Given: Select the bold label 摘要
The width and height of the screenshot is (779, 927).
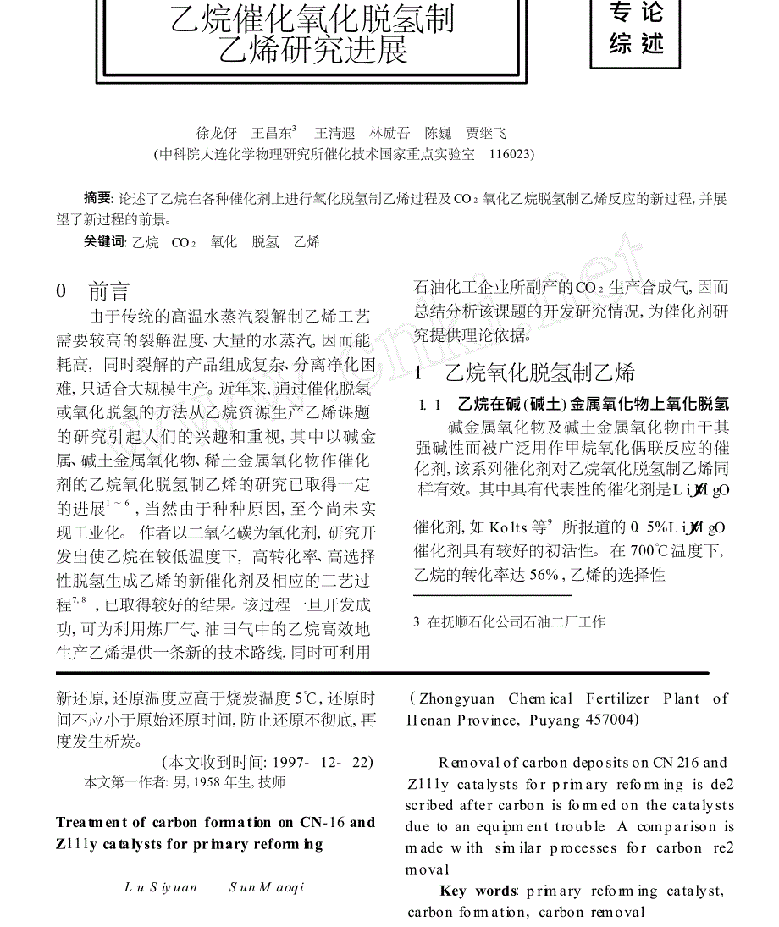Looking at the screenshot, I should (97, 199).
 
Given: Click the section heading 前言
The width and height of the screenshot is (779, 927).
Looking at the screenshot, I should (109, 292).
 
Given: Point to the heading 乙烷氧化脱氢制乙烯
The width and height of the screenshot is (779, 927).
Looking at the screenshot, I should (539, 372).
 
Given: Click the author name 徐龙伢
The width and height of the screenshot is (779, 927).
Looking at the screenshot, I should (217, 133).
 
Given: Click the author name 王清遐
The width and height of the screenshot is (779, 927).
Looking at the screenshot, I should (334, 133).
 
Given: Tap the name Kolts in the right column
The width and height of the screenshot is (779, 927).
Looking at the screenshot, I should (509, 527).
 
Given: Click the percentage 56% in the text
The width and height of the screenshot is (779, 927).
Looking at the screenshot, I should (543, 575).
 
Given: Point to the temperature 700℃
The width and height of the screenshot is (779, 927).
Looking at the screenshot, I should (651, 551).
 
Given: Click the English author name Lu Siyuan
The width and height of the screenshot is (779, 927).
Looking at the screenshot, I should (161, 887).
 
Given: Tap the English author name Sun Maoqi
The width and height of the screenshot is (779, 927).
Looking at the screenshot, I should (267, 887).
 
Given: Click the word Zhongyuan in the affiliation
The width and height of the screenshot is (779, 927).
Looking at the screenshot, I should (457, 698).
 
